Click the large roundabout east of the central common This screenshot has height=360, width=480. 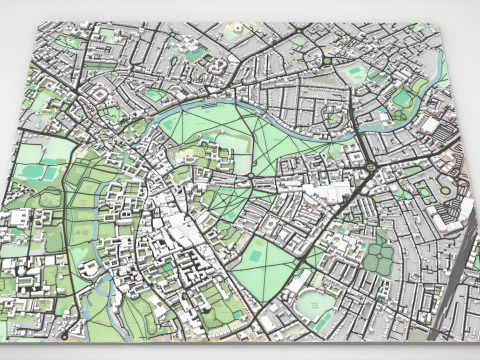[x=366, y=166]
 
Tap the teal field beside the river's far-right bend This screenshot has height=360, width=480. [x=402, y=99]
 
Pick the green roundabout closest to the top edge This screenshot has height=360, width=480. [x=296, y=38]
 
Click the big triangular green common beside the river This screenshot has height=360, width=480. [x=250, y=140]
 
